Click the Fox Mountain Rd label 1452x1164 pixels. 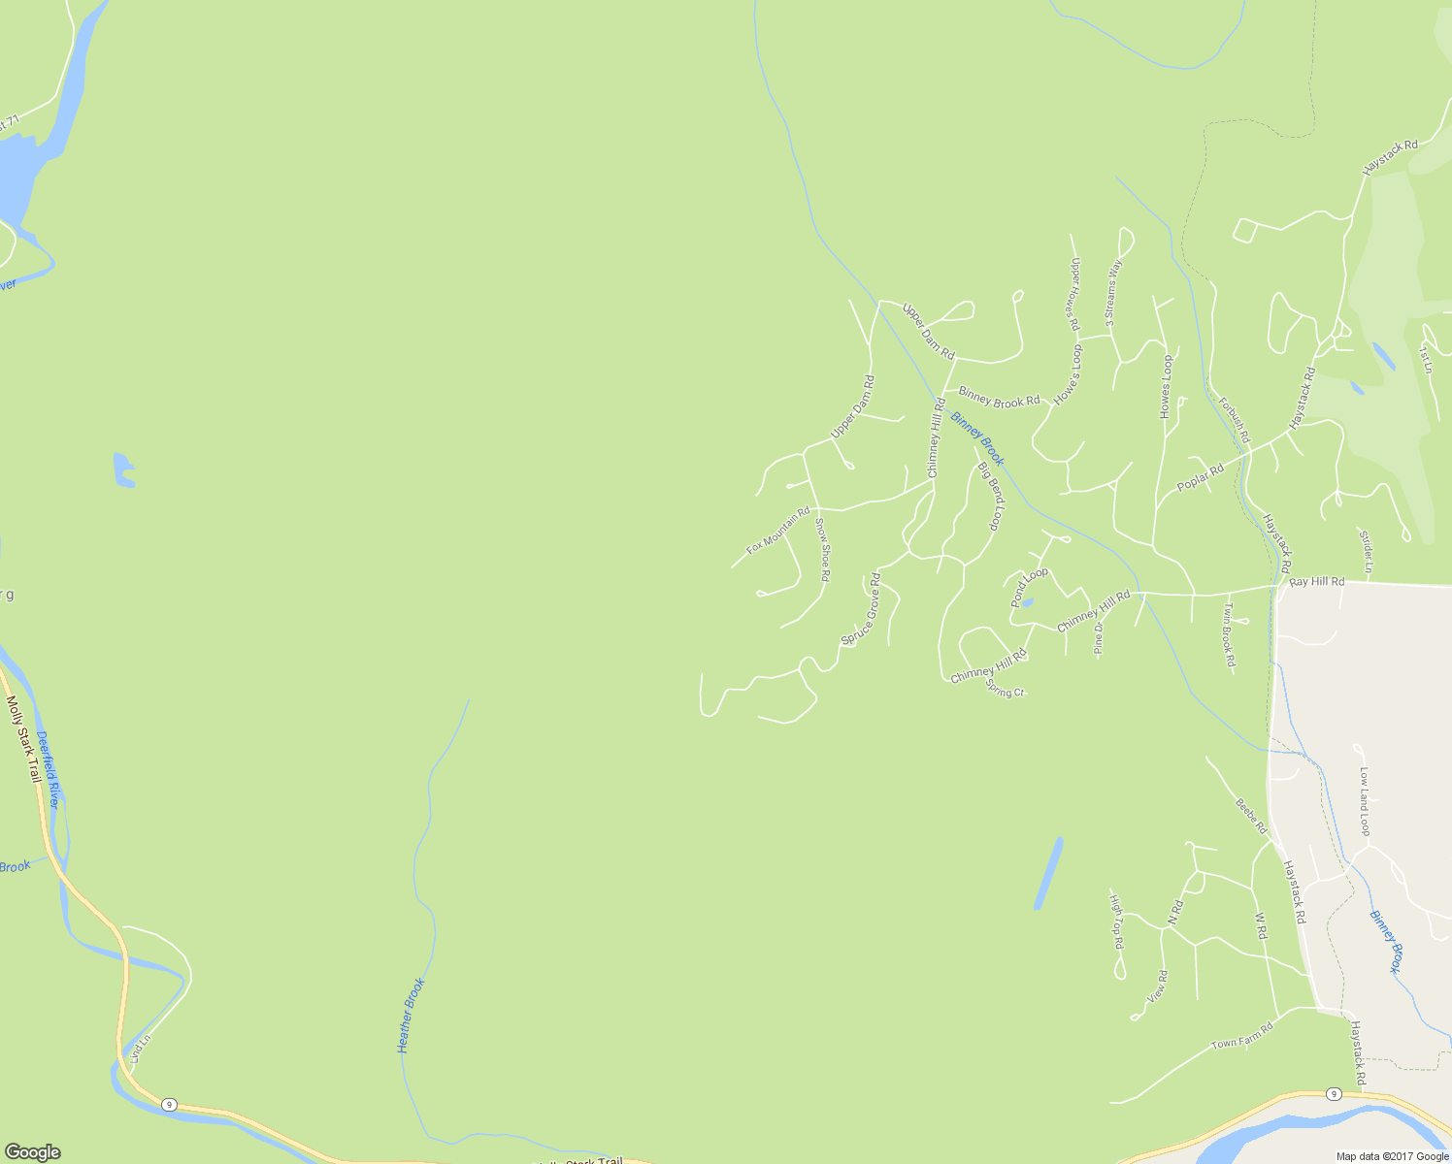[x=777, y=531]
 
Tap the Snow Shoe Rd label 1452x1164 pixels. [x=822, y=550]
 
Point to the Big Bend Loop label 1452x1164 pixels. [x=990, y=496]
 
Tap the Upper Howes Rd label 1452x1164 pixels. [x=1074, y=294]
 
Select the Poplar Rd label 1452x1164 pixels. [x=1200, y=476]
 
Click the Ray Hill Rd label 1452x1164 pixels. [x=1317, y=582]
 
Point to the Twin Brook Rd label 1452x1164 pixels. [x=1229, y=635]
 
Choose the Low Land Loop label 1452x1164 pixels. [x=1364, y=801]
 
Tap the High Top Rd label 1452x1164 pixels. [x=1117, y=921]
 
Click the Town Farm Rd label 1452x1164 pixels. [x=1241, y=1037]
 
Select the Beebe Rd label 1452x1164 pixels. [x=1251, y=817]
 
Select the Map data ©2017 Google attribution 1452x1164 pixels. [x=1392, y=1156]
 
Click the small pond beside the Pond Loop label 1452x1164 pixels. [x=1027, y=602]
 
